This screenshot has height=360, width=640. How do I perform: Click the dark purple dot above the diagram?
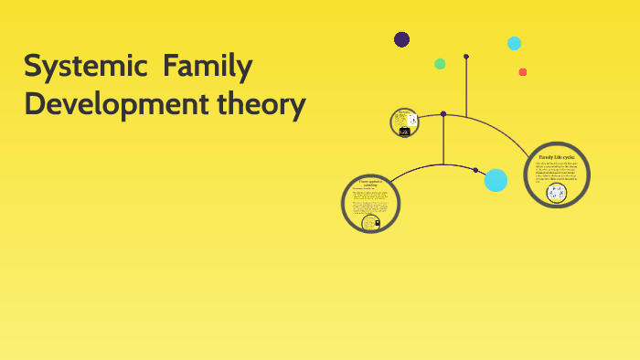click(401, 39)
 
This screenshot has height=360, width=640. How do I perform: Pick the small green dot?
click(440, 64)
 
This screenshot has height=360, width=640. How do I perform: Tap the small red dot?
click(523, 72)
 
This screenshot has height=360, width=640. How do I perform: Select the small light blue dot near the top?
click(514, 43)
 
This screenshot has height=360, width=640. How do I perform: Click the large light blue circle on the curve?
click(496, 180)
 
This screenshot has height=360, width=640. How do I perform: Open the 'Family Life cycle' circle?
click(556, 175)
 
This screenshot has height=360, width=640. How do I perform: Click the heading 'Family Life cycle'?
click(556, 156)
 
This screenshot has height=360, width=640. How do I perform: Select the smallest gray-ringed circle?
click(404, 122)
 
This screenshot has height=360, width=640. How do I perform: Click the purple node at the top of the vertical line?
click(466, 57)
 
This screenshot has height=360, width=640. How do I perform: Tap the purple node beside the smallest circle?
click(443, 114)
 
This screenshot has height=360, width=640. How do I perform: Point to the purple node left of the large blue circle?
click(475, 170)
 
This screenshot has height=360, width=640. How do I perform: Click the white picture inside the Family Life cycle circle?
click(555, 193)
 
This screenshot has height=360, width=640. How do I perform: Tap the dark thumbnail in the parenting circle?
click(370, 221)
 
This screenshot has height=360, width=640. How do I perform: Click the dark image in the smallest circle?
click(404, 132)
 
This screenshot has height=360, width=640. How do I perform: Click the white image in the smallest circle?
click(412, 120)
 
